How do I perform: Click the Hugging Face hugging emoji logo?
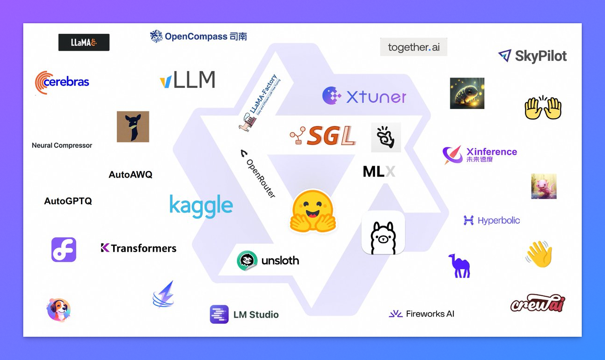[x=313, y=211]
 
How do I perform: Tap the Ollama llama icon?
[x=383, y=233]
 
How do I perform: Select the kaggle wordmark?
[x=201, y=206]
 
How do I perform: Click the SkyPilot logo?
[x=532, y=56]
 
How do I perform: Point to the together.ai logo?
[x=414, y=47]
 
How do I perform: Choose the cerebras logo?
[x=62, y=82]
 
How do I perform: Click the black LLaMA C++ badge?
[x=84, y=42]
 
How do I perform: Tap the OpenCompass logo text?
[x=198, y=36]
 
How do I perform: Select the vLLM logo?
[x=187, y=80]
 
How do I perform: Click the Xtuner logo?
[x=364, y=96]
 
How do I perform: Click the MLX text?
[x=379, y=172]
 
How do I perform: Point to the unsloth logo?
[x=268, y=260]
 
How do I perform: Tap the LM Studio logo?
[x=244, y=314]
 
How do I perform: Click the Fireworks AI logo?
[x=422, y=314]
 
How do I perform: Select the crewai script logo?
[x=538, y=304]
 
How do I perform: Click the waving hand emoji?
[x=539, y=254]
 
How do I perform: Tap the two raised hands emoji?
[x=543, y=107]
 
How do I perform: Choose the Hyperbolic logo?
[x=492, y=220]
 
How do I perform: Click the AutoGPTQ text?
[x=68, y=201]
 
